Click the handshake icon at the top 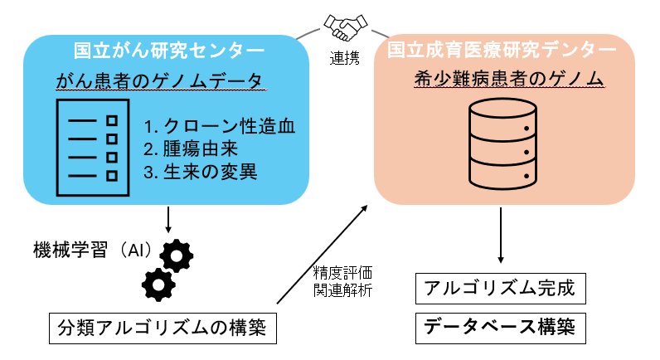coord(342,27)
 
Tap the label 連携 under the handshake coord(342,60)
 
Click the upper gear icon coord(175,255)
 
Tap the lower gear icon coord(158,285)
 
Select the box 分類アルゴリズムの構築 coord(162,328)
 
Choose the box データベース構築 coord(500,327)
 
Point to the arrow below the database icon coord(501,236)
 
